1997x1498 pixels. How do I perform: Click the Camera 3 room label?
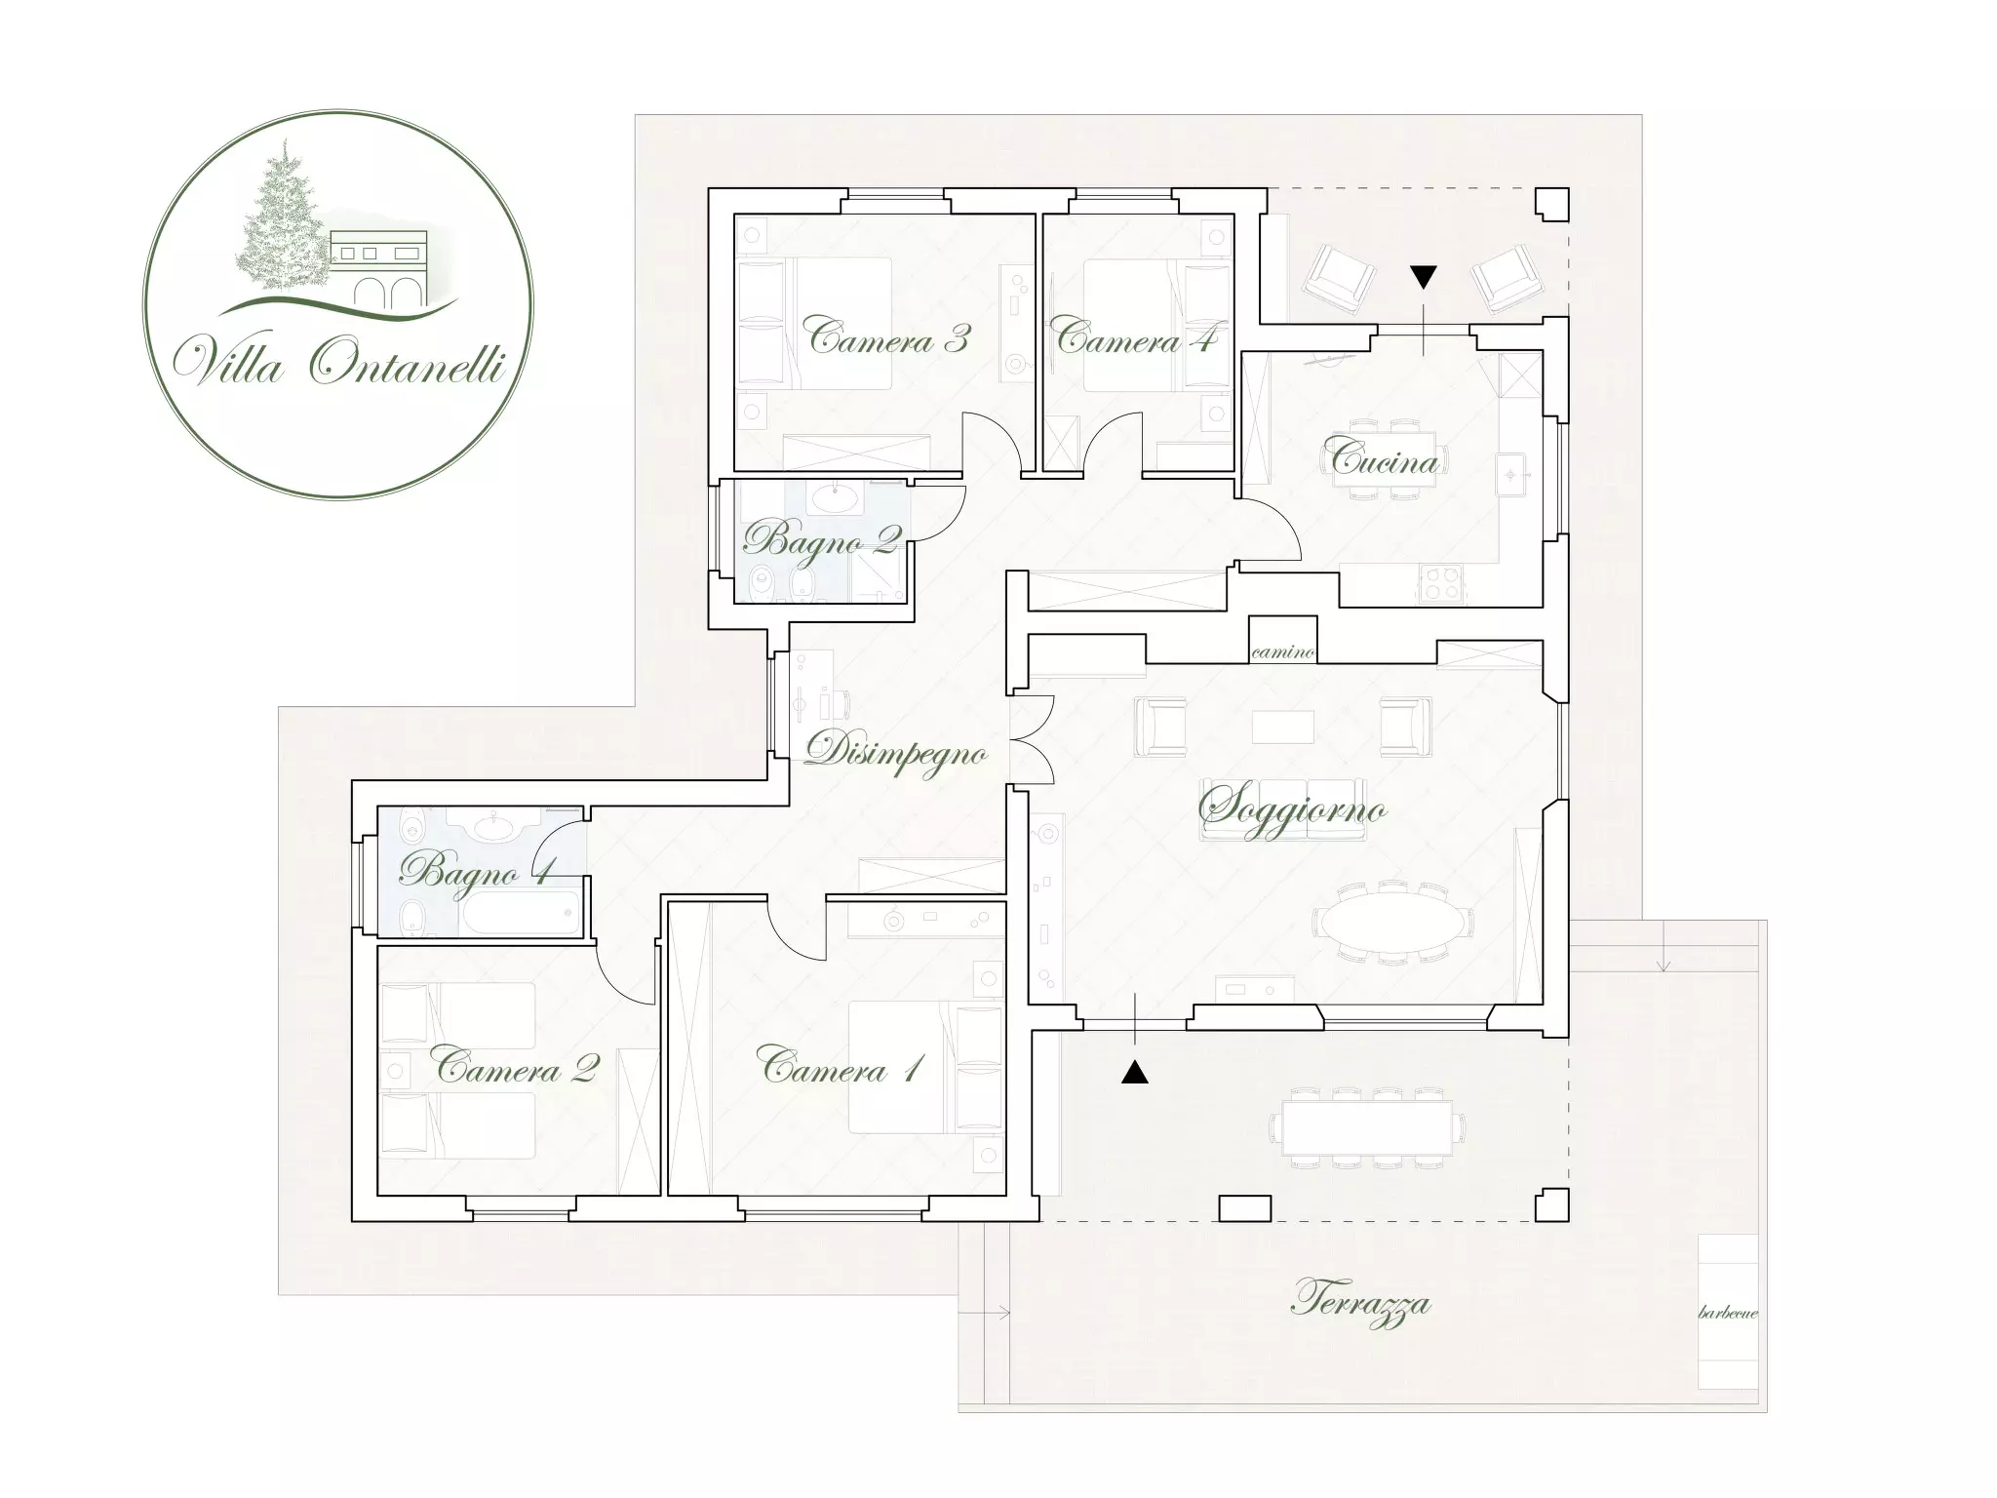889,337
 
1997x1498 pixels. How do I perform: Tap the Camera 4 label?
1137,337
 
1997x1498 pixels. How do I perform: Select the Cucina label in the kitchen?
1386,457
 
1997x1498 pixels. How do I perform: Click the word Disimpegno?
896,754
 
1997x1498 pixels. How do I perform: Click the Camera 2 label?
517,1069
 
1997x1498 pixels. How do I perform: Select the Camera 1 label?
841,1069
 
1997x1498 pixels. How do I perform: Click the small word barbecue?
1728,1313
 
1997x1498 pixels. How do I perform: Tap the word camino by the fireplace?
1282,652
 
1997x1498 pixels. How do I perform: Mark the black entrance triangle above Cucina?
1424,278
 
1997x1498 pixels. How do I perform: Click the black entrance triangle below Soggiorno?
1135,1072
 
